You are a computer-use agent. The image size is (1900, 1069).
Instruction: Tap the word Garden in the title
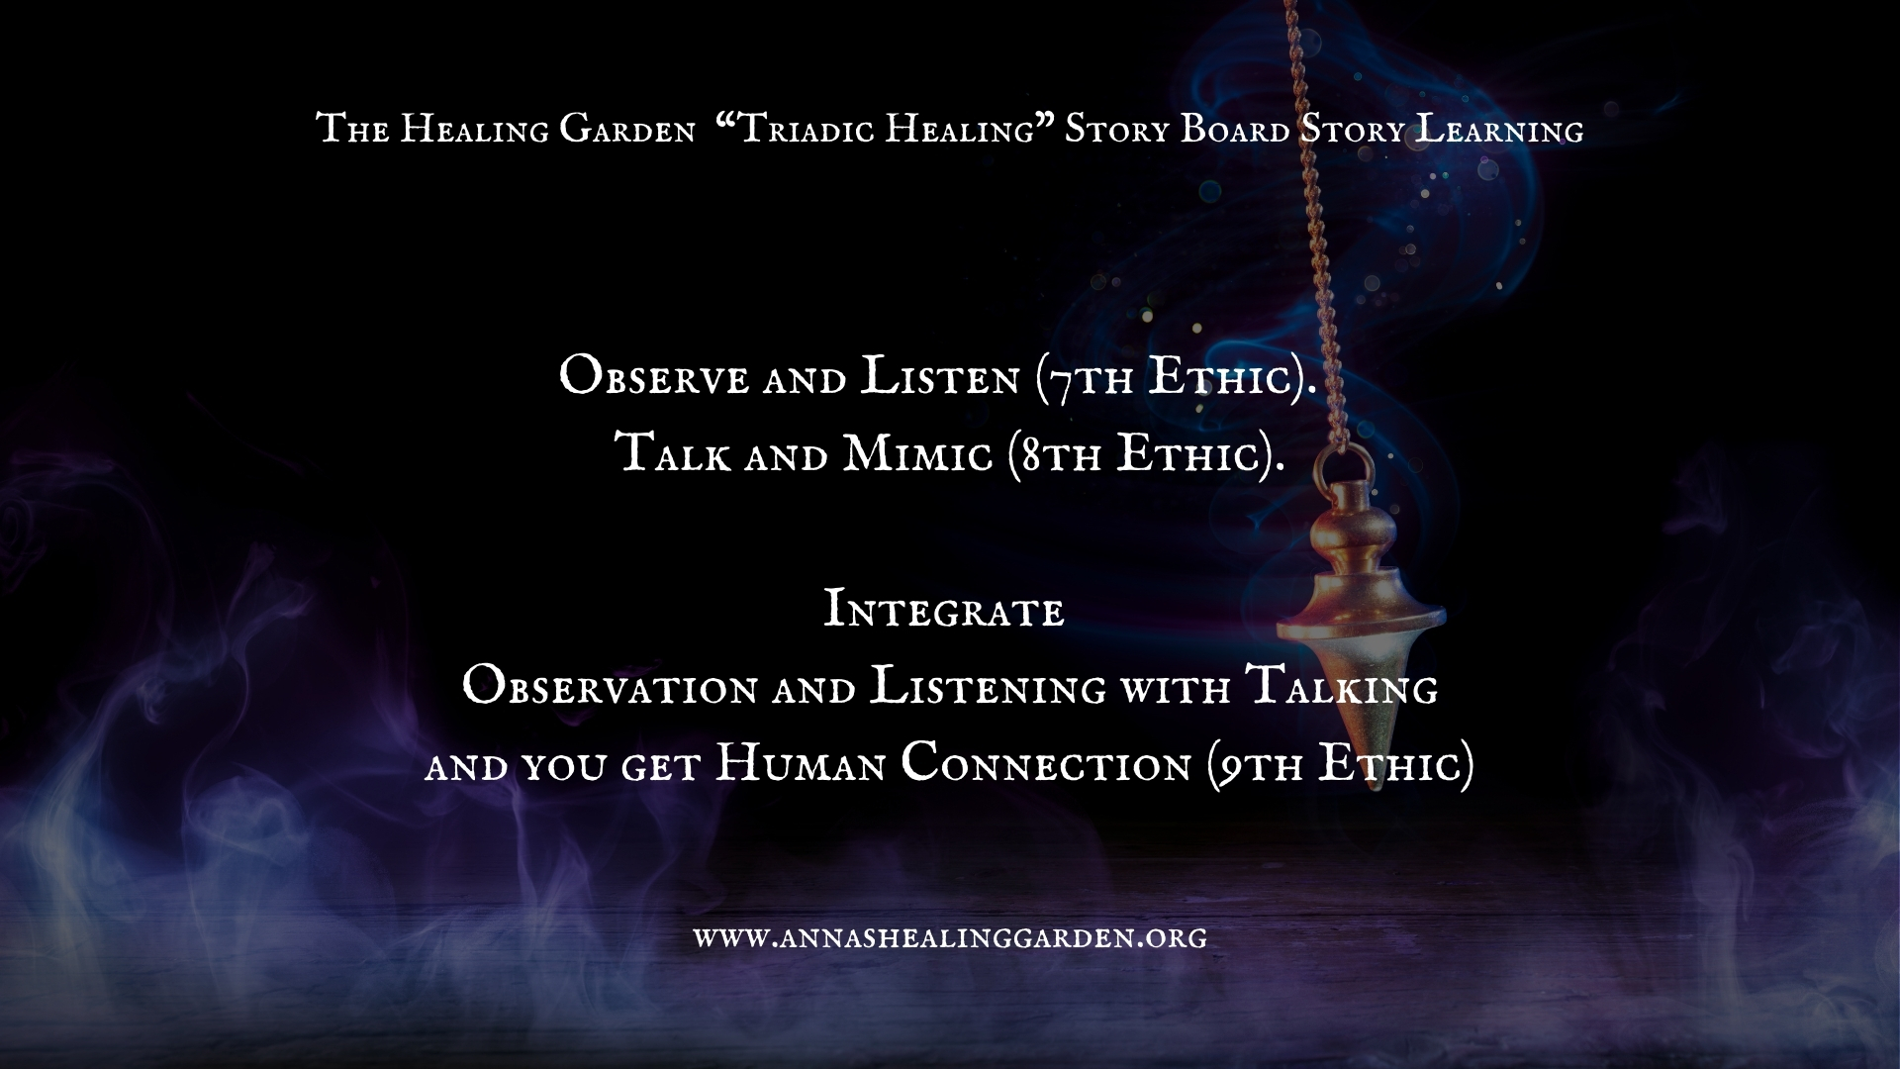627,131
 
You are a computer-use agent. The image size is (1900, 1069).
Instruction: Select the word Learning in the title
1499,130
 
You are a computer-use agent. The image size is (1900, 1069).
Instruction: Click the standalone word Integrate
944,609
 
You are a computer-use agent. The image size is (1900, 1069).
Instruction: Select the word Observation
610,687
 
